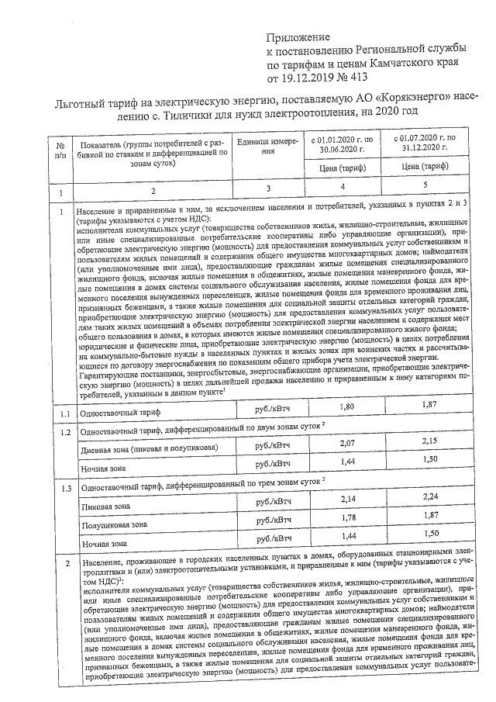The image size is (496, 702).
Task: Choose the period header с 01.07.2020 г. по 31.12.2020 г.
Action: pos(418,144)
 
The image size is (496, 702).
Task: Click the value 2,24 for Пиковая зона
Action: pos(429,496)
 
